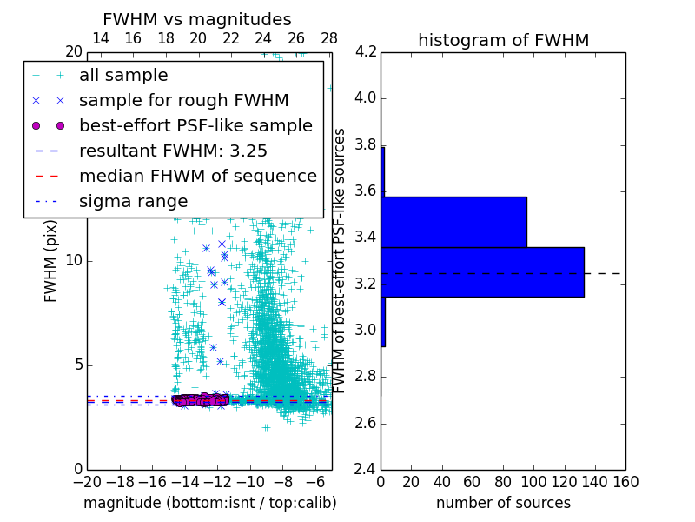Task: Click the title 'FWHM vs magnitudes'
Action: click(x=197, y=20)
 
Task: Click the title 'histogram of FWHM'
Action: click(x=503, y=40)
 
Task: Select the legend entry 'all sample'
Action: click(x=123, y=76)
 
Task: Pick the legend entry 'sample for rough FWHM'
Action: click(x=183, y=101)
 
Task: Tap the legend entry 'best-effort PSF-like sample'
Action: click(x=195, y=126)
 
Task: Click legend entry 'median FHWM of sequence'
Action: click(x=197, y=176)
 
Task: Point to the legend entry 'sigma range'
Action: click(x=133, y=201)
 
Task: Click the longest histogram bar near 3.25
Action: click(x=482, y=272)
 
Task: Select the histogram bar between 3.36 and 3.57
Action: click(x=453, y=222)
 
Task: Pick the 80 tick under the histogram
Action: click(x=503, y=482)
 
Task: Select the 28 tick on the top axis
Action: click(x=329, y=38)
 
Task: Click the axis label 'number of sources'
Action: click(x=503, y=503)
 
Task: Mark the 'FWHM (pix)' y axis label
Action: click(x=51, y=261)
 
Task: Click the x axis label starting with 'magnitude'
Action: click(x=209, y=503)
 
